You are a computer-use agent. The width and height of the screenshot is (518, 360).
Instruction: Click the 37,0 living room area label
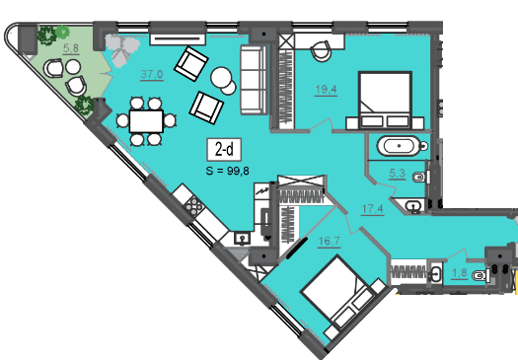click(x=152, y=74)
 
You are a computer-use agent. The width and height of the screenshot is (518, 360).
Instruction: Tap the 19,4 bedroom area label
click(x=326, y=89)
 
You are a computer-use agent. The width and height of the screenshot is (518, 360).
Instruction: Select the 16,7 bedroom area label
click(x=329, y=241)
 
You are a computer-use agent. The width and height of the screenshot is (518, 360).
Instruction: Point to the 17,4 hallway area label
click(x=373, y=209)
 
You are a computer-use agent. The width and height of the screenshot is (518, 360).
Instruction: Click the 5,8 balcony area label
click(x=71, y=48)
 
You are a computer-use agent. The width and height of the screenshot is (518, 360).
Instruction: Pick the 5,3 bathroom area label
click(x=397, y=173)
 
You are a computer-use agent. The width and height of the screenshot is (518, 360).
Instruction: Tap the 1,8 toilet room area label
click(x=459, y=273)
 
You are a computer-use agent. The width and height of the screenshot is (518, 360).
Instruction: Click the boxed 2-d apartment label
click(x=224, y=150)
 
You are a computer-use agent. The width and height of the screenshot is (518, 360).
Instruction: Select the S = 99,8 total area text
click(x=227, y=171)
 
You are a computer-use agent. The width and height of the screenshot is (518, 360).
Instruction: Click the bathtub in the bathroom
click(x=400, y=146)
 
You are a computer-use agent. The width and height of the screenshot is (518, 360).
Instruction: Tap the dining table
click(x=146, y=121)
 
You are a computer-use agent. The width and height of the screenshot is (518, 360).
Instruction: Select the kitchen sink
click(x=242, y=238)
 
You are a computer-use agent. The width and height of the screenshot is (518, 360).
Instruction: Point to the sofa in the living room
click(x=254, y=80)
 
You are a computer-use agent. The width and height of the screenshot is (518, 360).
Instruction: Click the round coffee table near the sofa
click(x=221, y=78)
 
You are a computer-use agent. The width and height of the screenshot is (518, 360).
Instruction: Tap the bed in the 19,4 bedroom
click(x=385, y=101)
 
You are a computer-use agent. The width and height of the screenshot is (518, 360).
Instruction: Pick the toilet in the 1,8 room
click(x=481, y=275)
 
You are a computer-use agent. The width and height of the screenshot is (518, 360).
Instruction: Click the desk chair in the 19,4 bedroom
click(x=321, y=50)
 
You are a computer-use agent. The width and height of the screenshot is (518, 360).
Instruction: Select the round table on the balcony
click(x=73, y=67)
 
